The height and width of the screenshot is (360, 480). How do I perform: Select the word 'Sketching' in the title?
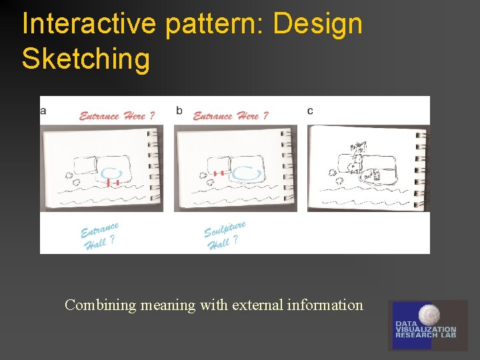(x=86, y=59)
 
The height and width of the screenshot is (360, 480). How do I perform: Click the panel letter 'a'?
(x=43, y=111)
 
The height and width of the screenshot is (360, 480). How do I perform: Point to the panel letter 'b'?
(x=179, y=111)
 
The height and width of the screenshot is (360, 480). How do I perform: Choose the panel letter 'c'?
(x=310, y=111)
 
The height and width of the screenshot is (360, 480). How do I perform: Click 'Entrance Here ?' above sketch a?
(x=117, y=116)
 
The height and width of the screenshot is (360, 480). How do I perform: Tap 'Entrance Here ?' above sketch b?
(x=231, y=116)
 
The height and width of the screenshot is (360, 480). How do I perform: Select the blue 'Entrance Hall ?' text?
(x=99, y=236)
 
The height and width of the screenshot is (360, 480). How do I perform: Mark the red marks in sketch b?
(x=218, y=173)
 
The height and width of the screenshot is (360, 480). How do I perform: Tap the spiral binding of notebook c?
(x=419, y=167)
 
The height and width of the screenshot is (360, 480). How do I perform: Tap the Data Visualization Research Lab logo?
(x=427, y=325)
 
